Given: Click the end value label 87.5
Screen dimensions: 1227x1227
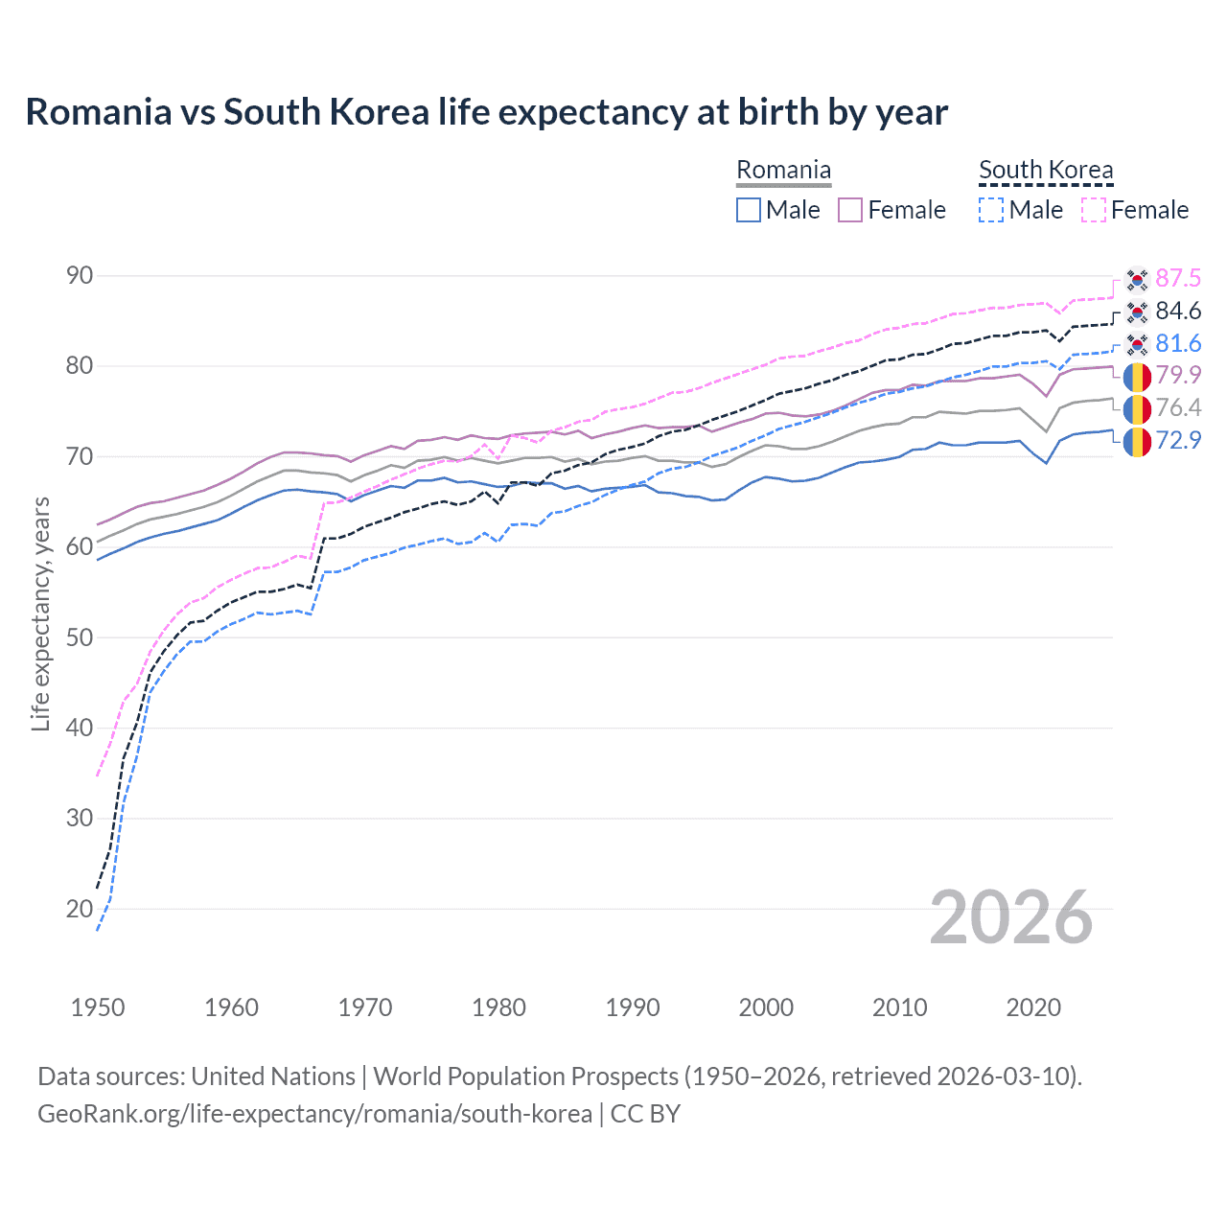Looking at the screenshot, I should [x=1178, y=278].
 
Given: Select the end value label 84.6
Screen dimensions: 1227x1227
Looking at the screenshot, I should [x=1178, y=311].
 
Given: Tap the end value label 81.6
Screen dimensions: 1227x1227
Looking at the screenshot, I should [x=1178, y=343].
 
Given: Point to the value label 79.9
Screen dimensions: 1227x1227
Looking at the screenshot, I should [x=1178, y=375].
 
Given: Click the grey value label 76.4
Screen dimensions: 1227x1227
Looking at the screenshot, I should [x=1178, y=407].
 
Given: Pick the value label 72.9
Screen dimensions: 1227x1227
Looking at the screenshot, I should [x=1178, y=441].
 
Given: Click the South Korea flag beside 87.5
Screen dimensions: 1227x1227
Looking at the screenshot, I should [x=1137, y=279].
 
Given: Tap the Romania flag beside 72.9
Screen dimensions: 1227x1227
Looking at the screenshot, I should [x=1137, y=442].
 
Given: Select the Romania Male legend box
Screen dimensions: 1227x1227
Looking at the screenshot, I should [x=749, y=210].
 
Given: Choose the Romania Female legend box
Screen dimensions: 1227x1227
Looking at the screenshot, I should [x=851, y=210].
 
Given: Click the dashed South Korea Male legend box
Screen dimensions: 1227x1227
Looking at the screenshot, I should [x=991, y=210].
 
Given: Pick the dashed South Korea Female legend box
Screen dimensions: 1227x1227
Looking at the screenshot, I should [x=1094, y=210].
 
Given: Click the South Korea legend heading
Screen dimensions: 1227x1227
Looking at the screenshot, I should [x=1046, y=171].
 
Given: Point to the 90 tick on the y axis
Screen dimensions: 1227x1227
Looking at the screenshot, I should [x=80, y=276].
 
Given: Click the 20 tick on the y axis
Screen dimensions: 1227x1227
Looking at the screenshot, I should [x=80, y=909].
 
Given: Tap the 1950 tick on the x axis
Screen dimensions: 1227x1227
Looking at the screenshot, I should [x=98, y=1007].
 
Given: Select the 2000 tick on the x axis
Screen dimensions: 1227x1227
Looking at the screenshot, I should [x=766, y=1007].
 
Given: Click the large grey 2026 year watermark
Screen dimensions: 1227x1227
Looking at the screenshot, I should [x=1011, y=917].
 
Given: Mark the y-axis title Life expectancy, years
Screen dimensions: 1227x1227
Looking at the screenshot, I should [x=40, y=613].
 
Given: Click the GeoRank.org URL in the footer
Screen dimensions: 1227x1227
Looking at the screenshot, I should [x=314, y=1114].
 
